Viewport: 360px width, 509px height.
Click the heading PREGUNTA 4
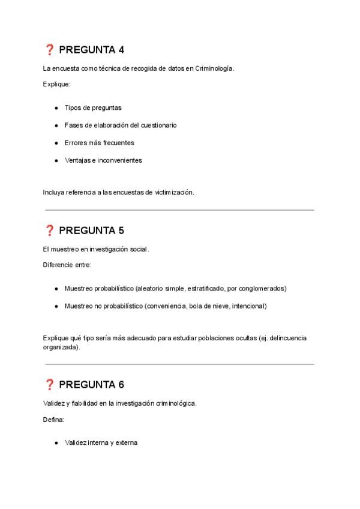tap(91, 50)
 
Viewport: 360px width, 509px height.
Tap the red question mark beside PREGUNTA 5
tap(50, 230)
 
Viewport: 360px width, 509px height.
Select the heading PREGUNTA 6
tap(91, 385)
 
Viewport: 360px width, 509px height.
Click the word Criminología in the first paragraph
tap(214, 68)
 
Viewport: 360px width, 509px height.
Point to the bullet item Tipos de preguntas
tap(93, 108)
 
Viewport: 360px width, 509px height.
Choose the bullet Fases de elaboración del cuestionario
tap(120, 125)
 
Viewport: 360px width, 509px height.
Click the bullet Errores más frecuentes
tap(99, 143)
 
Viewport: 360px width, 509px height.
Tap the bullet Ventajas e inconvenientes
tap(103, 160)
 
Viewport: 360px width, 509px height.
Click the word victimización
tap(174, 192)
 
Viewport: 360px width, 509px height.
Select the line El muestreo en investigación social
tap(96, 249)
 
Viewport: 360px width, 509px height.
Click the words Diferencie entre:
tap(67, 264)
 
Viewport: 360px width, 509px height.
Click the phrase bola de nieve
tap(208, 306)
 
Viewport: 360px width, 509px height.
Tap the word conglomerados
tap(263, 288)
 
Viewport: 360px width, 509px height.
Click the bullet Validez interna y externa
tap(101, 443)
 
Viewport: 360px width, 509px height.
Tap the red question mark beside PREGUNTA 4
tap(50, 50)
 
